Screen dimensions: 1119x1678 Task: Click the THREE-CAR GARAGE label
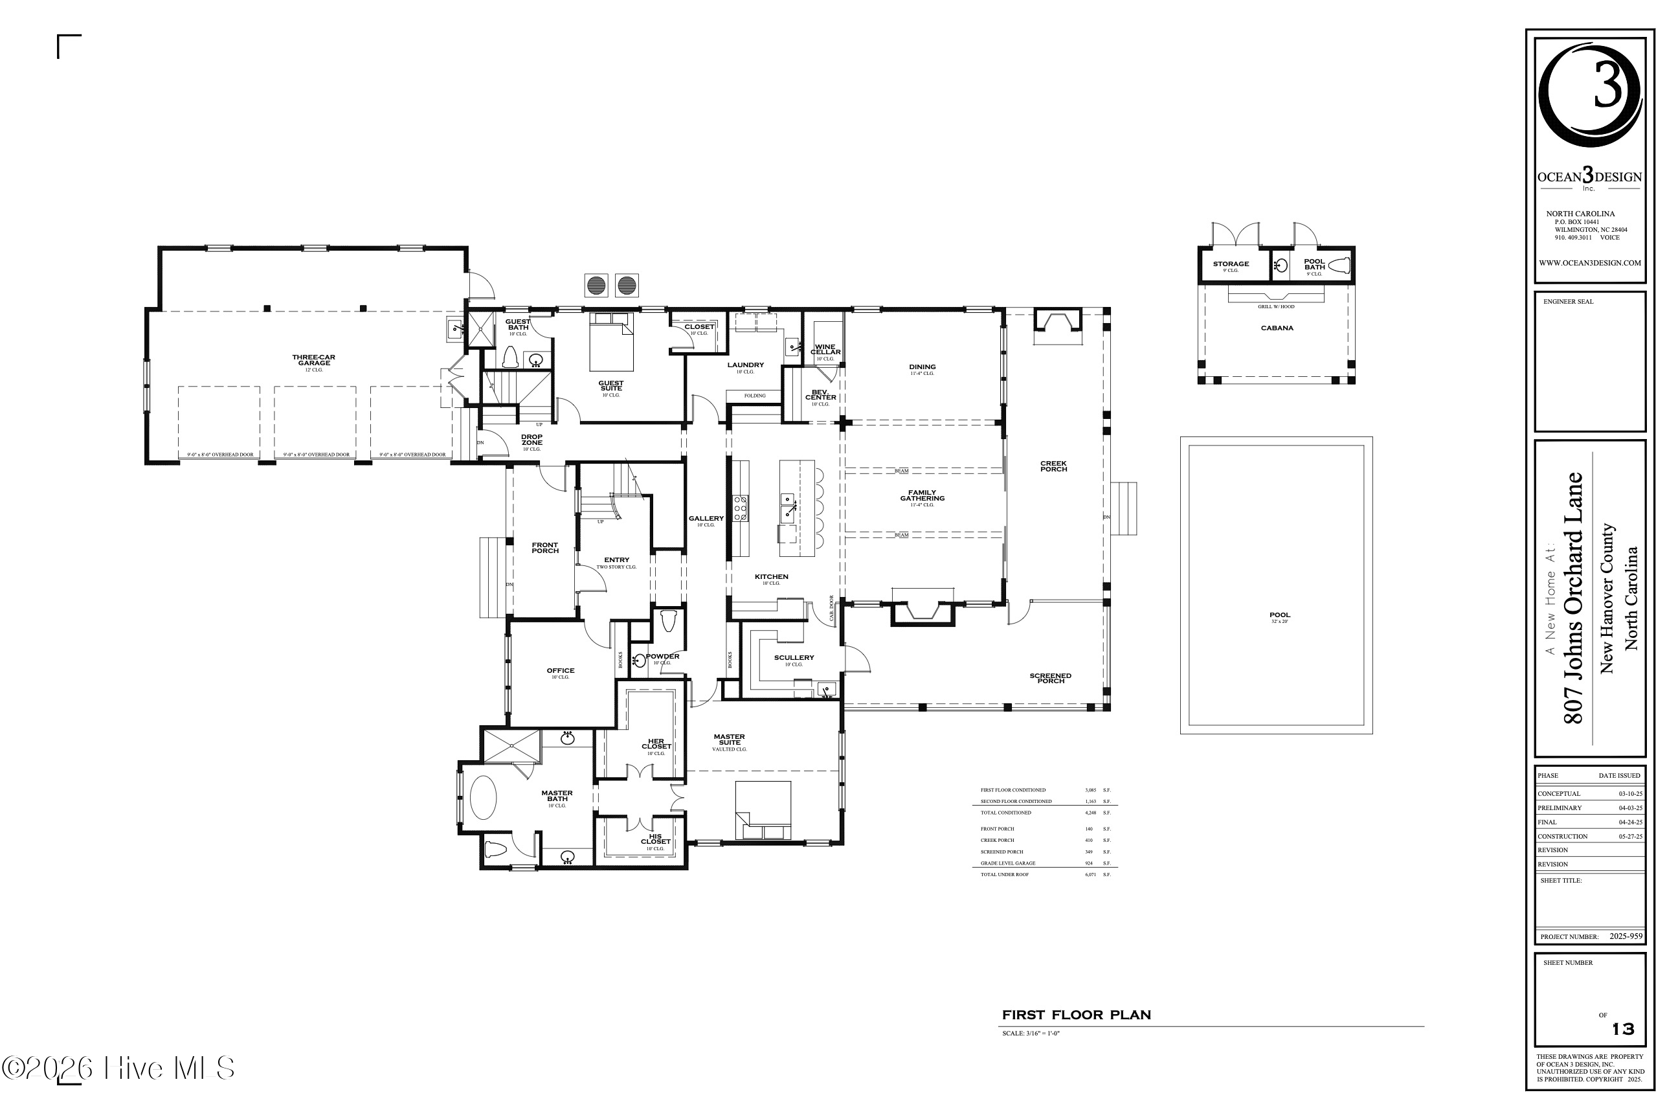pyautogui.click(x=314, y=361)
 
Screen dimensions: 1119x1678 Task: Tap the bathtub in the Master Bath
pyautogui.click(x=484, y=798)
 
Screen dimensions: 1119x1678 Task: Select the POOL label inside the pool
pyautogui.click(x=1279, y=615)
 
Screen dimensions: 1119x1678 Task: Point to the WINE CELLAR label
pyautogui.click(x=825, y=350)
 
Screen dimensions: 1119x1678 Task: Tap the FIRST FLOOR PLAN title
pyautogui.click(x=1076, y=1015)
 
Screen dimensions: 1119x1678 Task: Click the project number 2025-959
pyautogui.click(x=1626, y=936)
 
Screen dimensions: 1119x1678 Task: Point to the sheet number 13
pyautogui.click(x=1624, y=1029)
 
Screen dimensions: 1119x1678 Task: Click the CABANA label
pyautogui.click(x=1277, y=328)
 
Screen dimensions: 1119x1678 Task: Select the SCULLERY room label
pyautogui.click(x=793, y=658)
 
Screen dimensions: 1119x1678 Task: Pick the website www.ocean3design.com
pyautogui.click(x=1589, y=263)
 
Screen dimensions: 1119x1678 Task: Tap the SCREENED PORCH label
pyautogui.click(x=1050, y=679)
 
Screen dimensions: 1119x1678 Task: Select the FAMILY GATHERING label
pyautogui.click(x=922, y=495)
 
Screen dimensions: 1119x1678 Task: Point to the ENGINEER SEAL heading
pyautogui.click(x=1568, y=302)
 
